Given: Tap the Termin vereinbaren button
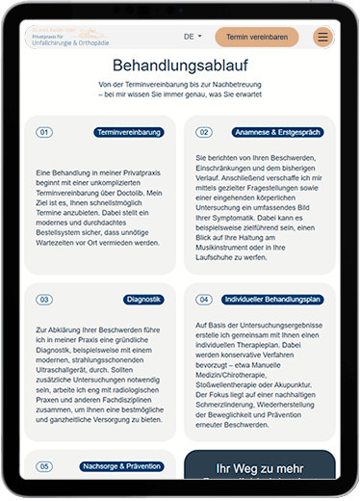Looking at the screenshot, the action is coord(256,38).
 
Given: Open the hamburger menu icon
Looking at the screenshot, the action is coord(321,38).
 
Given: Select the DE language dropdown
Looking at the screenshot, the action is coord(193,38).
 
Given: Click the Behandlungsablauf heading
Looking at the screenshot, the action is coord(179,66).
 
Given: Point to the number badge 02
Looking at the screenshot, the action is coord(204,132).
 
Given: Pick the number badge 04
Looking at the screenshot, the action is coord(204,300).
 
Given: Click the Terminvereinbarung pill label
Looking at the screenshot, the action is coord(129,132).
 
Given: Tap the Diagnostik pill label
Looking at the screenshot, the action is coord(142,300).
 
